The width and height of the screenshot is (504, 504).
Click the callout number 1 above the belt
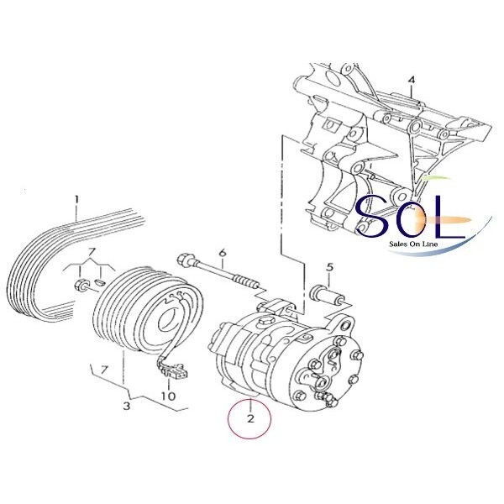(76, 200)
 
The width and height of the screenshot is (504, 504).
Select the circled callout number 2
(250, 418)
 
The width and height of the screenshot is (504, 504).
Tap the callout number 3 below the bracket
(127, 406)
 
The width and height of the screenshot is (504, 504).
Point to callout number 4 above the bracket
(411, 81)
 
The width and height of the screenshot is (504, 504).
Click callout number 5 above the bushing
(330, 267)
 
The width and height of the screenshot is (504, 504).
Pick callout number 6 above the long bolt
(223, 253)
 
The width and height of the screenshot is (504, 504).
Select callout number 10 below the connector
(169, 396)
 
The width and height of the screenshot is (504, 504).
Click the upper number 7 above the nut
(91, 253)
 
